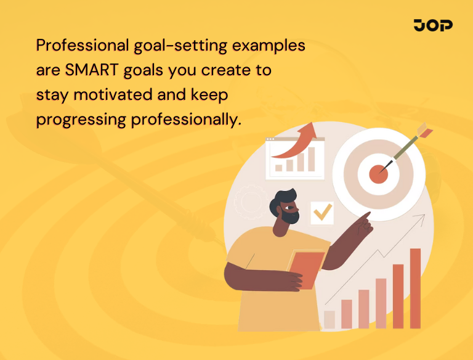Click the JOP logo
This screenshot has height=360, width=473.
pos(433,25)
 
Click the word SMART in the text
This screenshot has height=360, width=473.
pos(91,70)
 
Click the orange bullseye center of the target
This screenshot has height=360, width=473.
pos(378,174)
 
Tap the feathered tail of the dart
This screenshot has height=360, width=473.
pos(424,131)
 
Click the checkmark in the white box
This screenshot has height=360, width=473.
pos(321,213)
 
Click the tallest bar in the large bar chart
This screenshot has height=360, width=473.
pos(415,288)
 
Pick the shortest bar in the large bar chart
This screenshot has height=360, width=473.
pos(329,319)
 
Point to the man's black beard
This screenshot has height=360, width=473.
pos(289,215)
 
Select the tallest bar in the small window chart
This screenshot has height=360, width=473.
pos(311,158)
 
